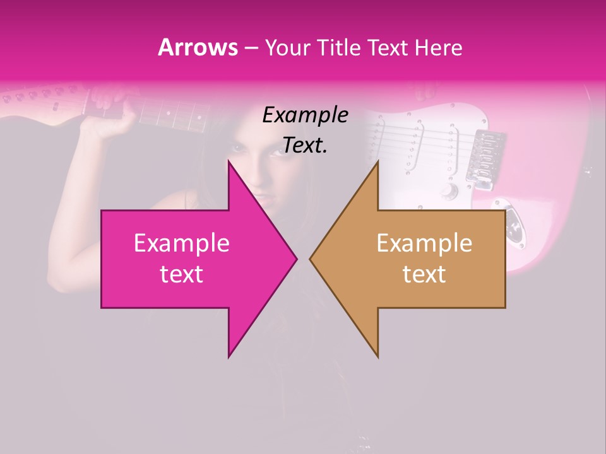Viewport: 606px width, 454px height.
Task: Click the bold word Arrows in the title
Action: pos(198,47)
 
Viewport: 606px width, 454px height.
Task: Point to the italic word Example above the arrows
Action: pos(306,115)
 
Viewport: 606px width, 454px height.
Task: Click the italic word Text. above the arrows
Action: pos(306,145)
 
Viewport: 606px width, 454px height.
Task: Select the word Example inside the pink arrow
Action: pos(182,243)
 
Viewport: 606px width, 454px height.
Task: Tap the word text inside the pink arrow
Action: pos(182,274)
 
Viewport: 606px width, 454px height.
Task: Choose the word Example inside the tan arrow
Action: pos(424,243)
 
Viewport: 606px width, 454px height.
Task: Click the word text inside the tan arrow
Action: pos(424,274)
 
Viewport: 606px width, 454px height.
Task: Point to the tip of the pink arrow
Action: pos(296,259)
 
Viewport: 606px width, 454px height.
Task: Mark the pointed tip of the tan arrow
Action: pos(311,259)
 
